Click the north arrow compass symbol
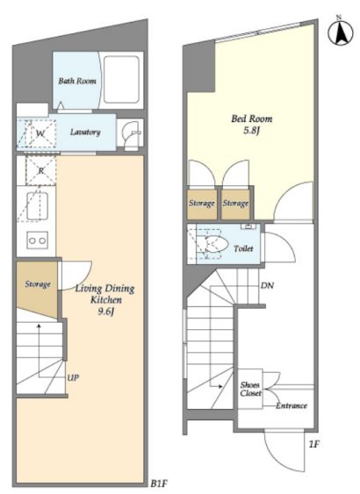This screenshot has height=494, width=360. pos(341,32)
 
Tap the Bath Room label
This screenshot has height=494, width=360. pos(77,81)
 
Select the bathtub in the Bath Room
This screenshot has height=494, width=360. pos(121,79)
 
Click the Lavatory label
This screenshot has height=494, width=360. pos(85,132)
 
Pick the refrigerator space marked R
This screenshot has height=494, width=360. pos(41,171)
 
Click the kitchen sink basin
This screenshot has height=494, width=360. pos(38,206)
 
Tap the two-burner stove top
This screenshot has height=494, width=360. pos(38,240)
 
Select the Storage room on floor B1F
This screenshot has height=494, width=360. pos(37,290)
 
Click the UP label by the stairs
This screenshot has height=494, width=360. pos(73,377)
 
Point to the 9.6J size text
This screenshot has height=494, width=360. pos(105,311)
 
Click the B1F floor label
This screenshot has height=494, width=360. pos(159,483)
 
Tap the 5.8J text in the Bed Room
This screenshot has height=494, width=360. pos(251,131)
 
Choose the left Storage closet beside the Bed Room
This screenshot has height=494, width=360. pos(202,204)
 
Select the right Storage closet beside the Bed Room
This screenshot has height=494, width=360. pos(236,204)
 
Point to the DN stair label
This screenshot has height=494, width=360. pos(267,285)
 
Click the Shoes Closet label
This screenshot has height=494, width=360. pos(250,389)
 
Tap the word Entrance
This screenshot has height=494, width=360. pos(292,405)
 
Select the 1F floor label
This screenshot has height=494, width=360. pos(314,445)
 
